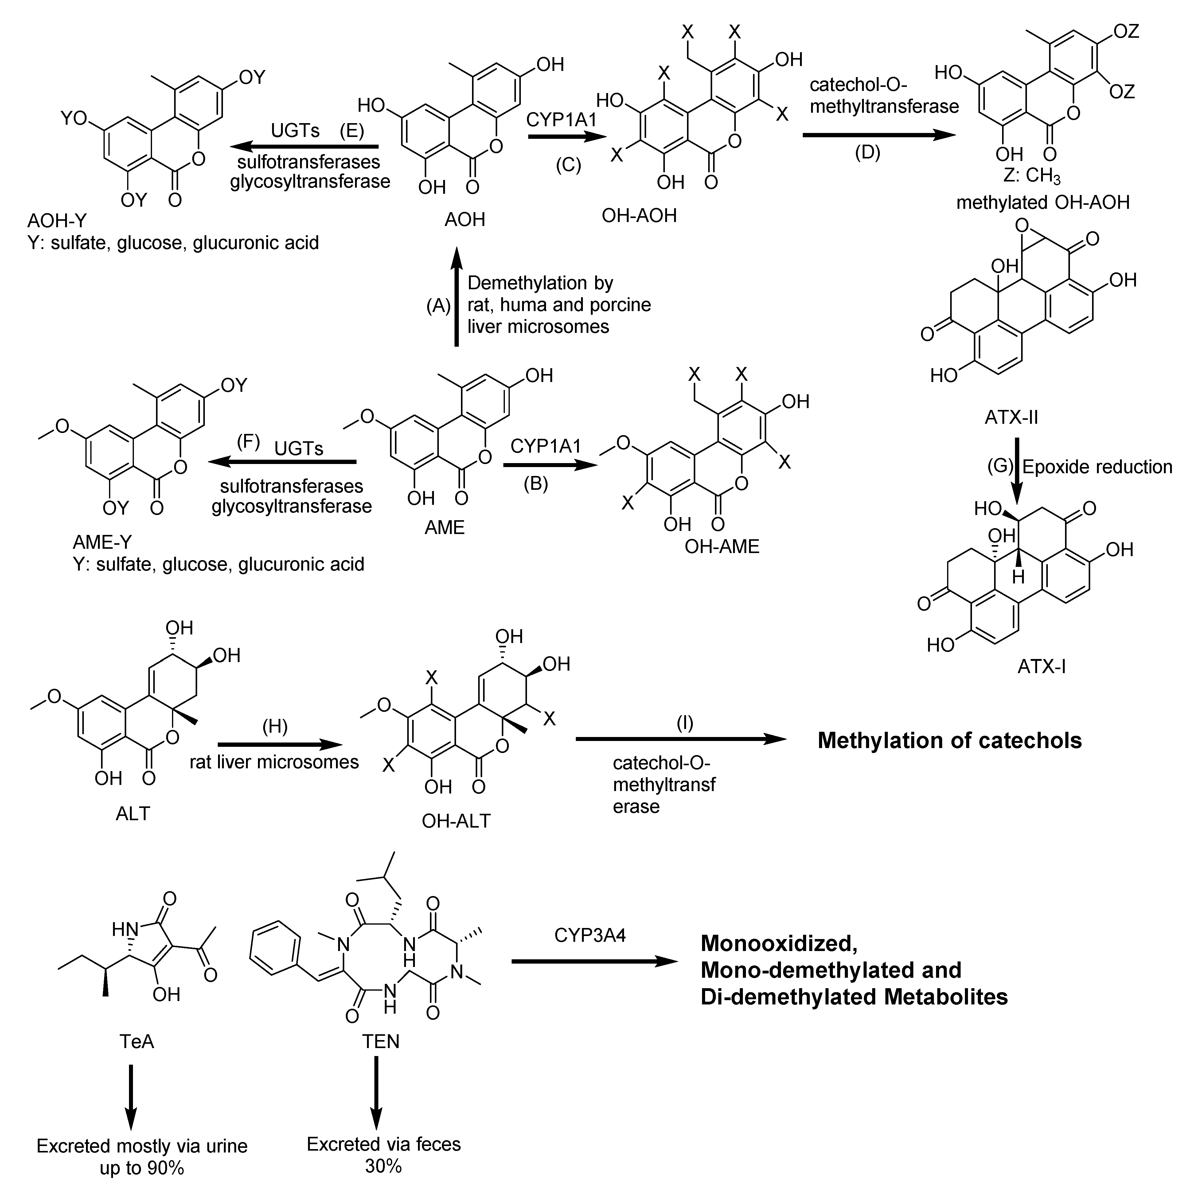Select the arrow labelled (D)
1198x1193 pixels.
pos(879,135)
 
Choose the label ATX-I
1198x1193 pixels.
pos(1042,667)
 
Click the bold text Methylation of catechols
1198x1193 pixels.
pos(949,740)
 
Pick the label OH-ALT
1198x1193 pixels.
pos(456,821)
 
